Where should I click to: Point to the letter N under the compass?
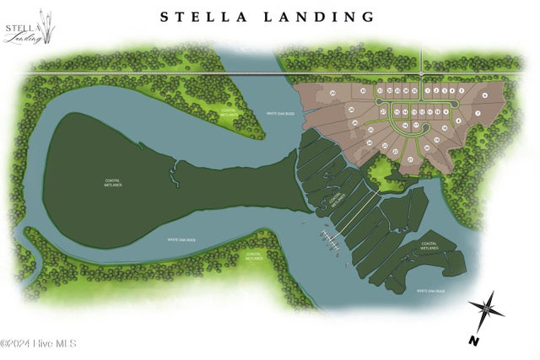pos(474,340)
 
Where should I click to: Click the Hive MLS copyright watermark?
pos(39,343)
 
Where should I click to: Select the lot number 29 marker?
pos(333,92)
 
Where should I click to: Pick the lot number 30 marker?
pos(363,90)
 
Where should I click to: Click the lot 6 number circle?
pos(484,96)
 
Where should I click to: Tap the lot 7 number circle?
pos(478,112)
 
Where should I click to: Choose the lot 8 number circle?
pos(458,121)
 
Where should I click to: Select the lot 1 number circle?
pos(428,89)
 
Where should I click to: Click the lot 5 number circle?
pos(462,89)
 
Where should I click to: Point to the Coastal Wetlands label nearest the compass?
pos(431,249)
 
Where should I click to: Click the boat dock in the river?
pos(329,240)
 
